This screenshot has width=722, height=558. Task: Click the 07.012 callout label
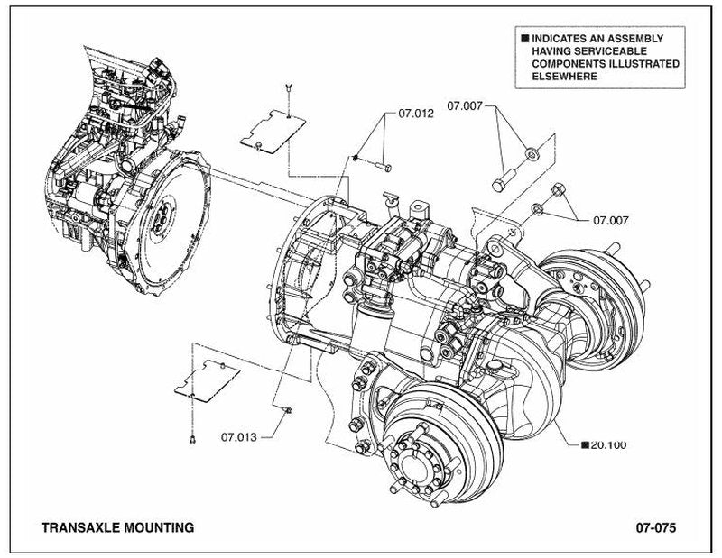tap(416, 114)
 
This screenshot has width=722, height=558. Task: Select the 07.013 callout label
tap(239, 437)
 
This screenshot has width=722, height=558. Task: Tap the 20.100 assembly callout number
tap(608, 444)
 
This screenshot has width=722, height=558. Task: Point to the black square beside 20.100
tap(585, 444)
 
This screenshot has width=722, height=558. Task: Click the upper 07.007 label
tap(465, 106)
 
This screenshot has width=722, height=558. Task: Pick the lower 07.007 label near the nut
tap(611, 220)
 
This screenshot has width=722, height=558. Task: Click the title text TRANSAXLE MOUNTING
tap(118, 527)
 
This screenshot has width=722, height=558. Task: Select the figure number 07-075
tap(656, 527)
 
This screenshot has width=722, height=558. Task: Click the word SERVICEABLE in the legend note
tap(589, 51)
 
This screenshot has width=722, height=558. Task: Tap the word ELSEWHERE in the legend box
tap(565, 77)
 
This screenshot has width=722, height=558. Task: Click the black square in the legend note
tap(525, 39)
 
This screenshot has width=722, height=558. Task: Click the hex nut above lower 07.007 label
tap(558, 188)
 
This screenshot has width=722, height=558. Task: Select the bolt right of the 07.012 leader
tap(383, 166)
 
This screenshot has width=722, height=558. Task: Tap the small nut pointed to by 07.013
tap(288, 409)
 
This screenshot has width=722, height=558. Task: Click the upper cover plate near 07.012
tap(273, 132)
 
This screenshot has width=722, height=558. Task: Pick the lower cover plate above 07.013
tap(208, 380)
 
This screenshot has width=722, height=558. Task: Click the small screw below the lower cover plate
tap(192, 439)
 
